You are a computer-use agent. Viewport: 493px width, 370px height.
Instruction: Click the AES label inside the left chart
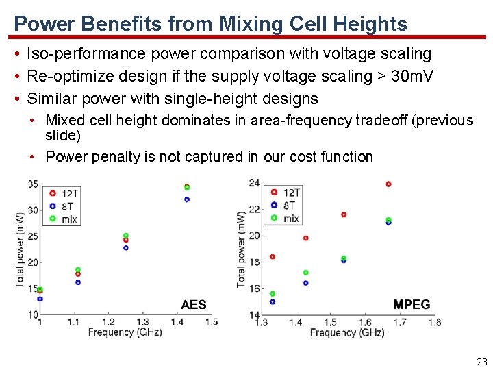193,305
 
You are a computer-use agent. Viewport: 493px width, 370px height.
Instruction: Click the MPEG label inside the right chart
412,305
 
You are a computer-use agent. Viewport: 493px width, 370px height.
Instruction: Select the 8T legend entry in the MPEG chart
289,206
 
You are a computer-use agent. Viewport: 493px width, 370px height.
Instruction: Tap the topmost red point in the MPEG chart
388,184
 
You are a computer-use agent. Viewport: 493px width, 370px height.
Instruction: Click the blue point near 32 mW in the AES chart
187,200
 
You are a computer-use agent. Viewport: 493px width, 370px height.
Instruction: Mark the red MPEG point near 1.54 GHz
344,214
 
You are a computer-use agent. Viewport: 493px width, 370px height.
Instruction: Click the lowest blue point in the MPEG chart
273,301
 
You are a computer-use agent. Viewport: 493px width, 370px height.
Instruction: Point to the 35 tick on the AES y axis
33,184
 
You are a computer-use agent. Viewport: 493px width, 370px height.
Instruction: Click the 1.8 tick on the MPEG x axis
434,323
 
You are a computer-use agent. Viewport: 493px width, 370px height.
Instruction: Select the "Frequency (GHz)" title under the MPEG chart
346,333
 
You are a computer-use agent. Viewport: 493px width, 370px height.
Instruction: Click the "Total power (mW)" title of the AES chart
21,251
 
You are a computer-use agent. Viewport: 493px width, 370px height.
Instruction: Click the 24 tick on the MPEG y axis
254,182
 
